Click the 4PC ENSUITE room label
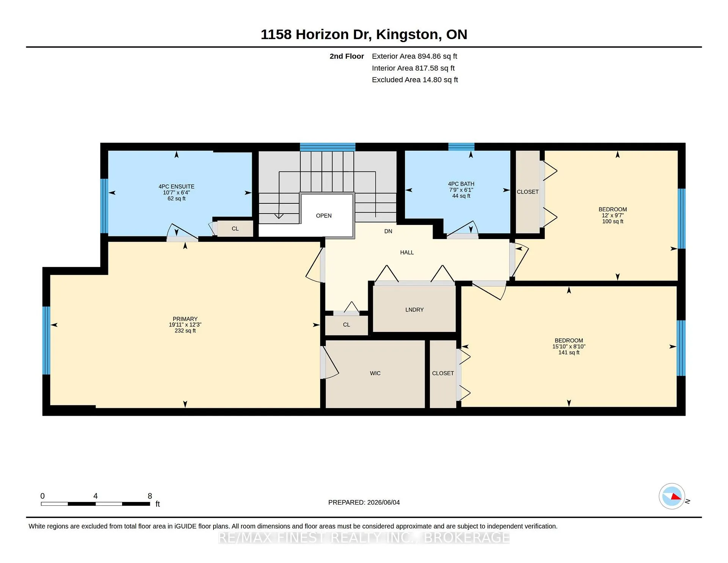tap(176, 187)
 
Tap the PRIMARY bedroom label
tap(185, 319)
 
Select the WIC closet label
tap(375, 373)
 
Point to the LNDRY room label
tap(414, 310)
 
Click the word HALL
tap(407, 252)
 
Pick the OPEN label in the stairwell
tap(324, 215)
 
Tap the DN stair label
tap(388, 231)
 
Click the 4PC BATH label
tap(461, 184)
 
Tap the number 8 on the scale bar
tap(150, 496)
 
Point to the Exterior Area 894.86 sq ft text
tap(414, 56)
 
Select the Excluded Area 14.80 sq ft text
tap(415, 80)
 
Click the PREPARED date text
tap(364, 502)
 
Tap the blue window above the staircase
tap(328, 147)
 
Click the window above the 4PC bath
tap(461, 147)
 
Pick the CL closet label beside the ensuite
tap(235, 228)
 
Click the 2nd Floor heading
tap(347, 56)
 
